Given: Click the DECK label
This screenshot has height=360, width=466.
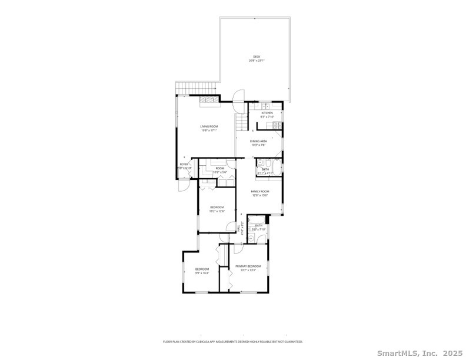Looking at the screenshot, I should coord(257,56).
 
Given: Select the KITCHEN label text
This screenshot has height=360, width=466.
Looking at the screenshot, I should coord(267,113).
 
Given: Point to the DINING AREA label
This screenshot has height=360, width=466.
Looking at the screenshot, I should coord(259,141).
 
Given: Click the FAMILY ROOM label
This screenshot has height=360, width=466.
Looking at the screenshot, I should coord(259,191).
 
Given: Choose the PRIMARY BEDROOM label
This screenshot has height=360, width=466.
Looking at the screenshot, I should coord(248,266).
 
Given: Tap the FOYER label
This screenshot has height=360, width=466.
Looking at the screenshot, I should coord(184,164).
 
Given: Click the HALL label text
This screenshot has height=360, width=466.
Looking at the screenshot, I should coord(238,226).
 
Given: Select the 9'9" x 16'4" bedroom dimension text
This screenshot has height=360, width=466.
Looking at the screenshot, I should coord(202,273).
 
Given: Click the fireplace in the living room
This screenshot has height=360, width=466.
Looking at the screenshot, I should coord(208,101).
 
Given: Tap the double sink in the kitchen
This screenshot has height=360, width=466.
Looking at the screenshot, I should coord(265,106).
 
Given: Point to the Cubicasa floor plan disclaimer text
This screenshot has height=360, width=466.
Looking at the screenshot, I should coord(232,341).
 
